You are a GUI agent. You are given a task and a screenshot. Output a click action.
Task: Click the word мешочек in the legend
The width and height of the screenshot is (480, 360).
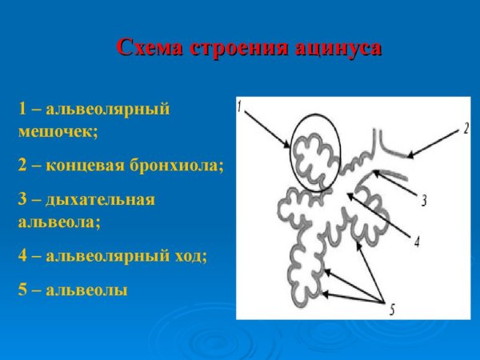[57, 132]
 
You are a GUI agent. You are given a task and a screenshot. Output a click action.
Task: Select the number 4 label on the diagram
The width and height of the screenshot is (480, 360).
[415, 240]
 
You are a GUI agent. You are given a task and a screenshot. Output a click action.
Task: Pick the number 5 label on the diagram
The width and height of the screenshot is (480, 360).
[391, 309]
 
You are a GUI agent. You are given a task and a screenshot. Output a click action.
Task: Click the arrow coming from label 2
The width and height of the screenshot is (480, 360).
[435, 143]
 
